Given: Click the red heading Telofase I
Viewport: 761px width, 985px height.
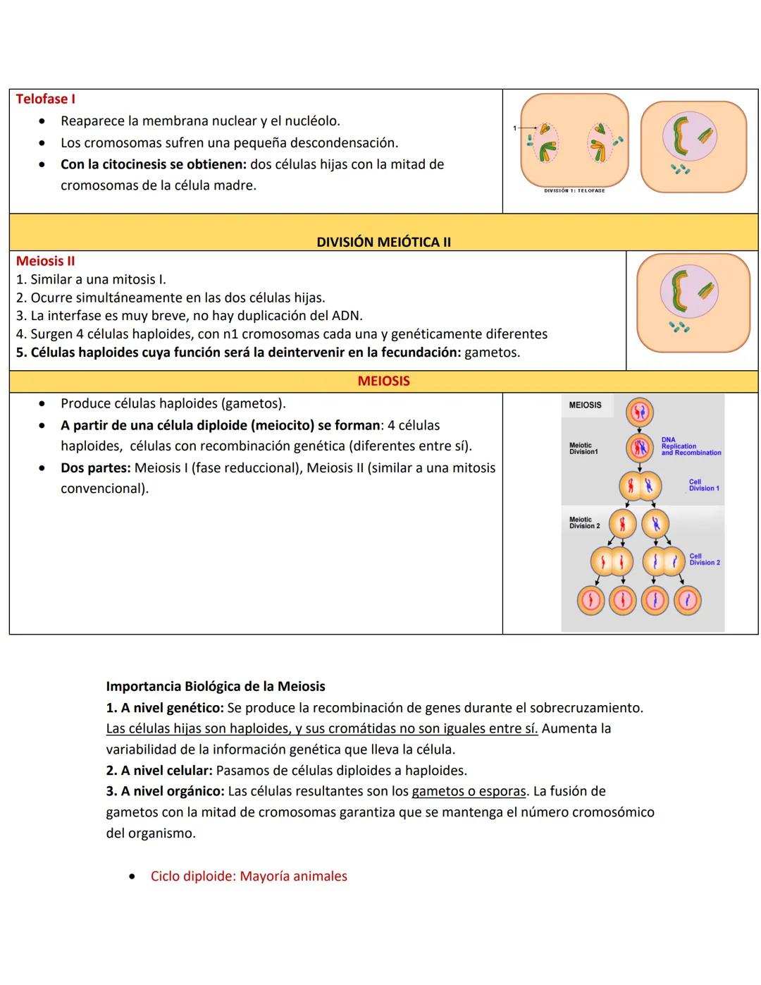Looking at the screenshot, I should click(45, 99).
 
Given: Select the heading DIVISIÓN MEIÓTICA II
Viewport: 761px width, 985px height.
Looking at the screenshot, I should click(383, 242).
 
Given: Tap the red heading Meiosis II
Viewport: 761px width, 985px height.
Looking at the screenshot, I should click(45, 261).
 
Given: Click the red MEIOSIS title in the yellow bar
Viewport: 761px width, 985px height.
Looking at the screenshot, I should click(383, 381).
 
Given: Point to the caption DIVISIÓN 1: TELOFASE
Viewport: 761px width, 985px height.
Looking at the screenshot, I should click(574, 190).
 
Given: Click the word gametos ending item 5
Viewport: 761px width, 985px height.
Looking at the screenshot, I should click(492, 353).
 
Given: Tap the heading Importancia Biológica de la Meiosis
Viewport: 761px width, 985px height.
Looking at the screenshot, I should click(216, 686).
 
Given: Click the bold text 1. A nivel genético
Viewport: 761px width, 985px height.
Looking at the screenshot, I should click(165, 707).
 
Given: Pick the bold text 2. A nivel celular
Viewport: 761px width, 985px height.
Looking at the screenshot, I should click(159, 770).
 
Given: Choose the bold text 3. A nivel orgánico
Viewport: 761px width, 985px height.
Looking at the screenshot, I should click(165, 791).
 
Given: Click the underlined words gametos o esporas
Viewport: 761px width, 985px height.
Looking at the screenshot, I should click(469, 791).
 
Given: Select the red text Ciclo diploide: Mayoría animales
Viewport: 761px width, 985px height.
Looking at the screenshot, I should click(249, 876).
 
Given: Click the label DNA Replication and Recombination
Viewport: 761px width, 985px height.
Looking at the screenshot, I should click(690, 446).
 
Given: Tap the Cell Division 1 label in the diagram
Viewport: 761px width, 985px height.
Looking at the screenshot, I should click(703, 485).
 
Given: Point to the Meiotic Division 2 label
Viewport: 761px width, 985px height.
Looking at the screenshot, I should click(584, 522).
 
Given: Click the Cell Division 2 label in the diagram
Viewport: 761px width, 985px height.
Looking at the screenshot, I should click(704, 559).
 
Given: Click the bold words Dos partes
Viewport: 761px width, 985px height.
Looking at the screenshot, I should click(95, 468).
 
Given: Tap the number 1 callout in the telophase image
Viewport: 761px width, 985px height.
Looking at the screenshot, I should click(514, 128).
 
